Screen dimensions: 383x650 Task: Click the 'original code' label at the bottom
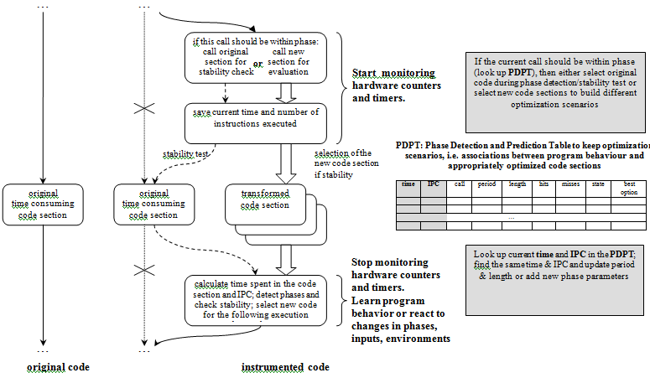[x=58, y=367]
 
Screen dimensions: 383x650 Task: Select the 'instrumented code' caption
[x=284, y=367]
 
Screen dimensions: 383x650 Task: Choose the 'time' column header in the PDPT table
[x=408, y=184]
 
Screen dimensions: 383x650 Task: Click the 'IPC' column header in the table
[x=434, y=184]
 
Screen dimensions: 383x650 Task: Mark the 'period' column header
[x=486, y=184]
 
